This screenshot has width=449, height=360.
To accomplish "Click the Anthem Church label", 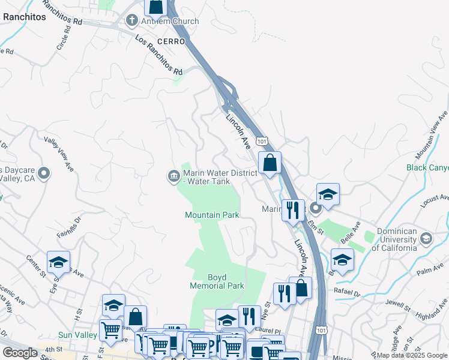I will tap(161, 22).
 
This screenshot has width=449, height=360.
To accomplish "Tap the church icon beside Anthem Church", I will tap(131, 21).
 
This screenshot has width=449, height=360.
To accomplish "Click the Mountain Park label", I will tap(212, 215).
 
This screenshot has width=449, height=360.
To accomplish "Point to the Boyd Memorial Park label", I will tap(217, 281).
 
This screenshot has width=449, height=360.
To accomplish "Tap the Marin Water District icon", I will tap(173, 176).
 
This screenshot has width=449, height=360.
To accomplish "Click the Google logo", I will tap(20, 352).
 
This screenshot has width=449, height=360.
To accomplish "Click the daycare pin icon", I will tap(43, 174).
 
